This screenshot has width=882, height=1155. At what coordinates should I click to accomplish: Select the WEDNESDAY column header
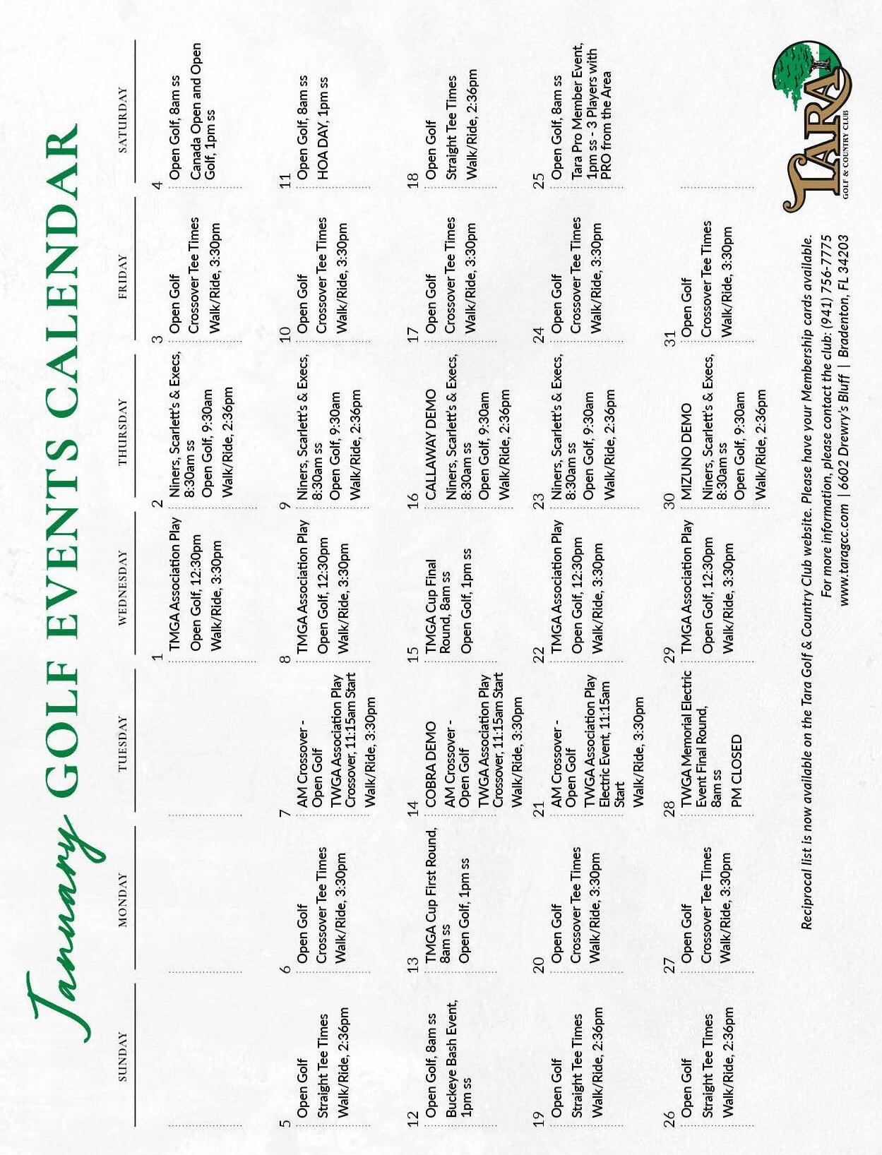click(x=123, y=588)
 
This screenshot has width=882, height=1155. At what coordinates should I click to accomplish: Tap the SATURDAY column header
click(x=123, y=120)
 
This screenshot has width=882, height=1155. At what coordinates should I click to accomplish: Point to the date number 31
click(x=669, y=337)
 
